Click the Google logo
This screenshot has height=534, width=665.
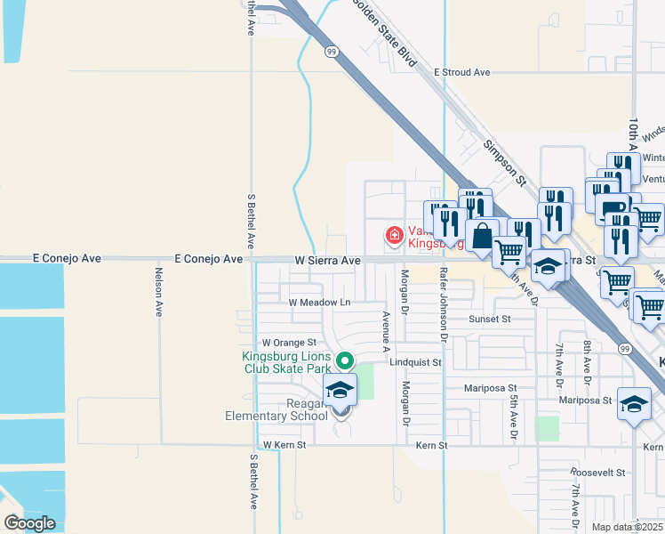(29, 523)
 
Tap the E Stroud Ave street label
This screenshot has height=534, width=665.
(462, 72)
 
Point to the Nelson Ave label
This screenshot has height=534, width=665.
(158, 292)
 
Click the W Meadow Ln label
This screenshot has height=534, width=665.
(320, 303)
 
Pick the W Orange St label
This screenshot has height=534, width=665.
(289, 343)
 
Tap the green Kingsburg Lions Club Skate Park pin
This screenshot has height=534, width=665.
(345, 361)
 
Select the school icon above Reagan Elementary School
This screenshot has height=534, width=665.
(339, 390)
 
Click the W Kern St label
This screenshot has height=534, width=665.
(284, 444)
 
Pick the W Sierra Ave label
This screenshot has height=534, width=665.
(327, 261)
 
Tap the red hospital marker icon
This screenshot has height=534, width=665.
(393, 235)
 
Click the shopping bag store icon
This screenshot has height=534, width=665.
(482, 237)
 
